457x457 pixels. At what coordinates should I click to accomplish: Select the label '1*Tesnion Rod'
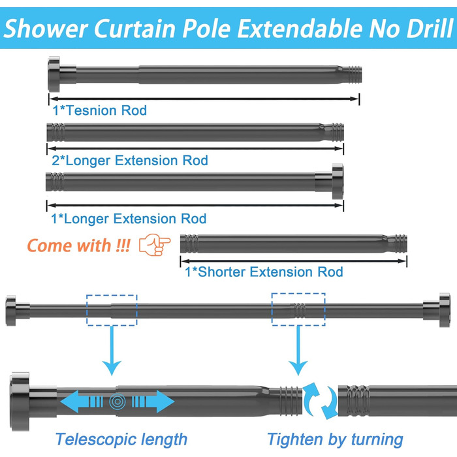(x=99, y=110)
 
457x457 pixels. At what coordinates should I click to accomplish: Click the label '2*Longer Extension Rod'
(x=129, y=160)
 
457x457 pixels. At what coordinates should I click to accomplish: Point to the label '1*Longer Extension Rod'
(x=129, y=218)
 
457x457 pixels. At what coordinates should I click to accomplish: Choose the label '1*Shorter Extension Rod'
(x=264, y=272)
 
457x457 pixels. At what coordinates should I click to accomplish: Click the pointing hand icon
(x=155, y=245)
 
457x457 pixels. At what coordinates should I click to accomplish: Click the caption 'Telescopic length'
(x=121, y=439)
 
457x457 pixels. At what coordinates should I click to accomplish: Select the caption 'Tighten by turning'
(x=335, y=439)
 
